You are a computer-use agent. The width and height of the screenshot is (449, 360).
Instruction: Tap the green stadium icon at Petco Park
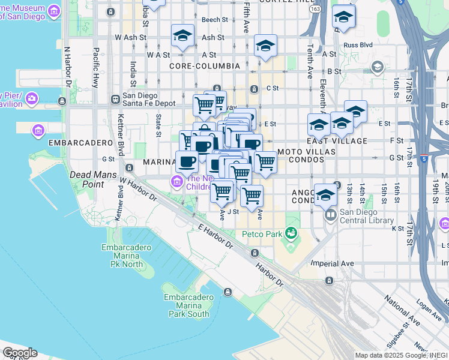(291, 232)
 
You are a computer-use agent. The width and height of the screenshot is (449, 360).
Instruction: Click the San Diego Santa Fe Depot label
(149, 99)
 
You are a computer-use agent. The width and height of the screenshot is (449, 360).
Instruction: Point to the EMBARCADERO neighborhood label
(80, 143)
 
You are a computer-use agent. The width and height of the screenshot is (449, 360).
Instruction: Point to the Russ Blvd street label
(358, 45)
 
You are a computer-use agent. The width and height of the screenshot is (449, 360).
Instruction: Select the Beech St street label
(214, 20)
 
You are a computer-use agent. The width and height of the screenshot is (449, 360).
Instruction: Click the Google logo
(20, 353)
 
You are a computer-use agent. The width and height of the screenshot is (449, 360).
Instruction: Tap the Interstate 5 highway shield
(424, 159)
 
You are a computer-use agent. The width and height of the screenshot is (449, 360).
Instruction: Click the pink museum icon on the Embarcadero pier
(38, 130)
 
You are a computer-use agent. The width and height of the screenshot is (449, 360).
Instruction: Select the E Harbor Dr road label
(215, 236)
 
